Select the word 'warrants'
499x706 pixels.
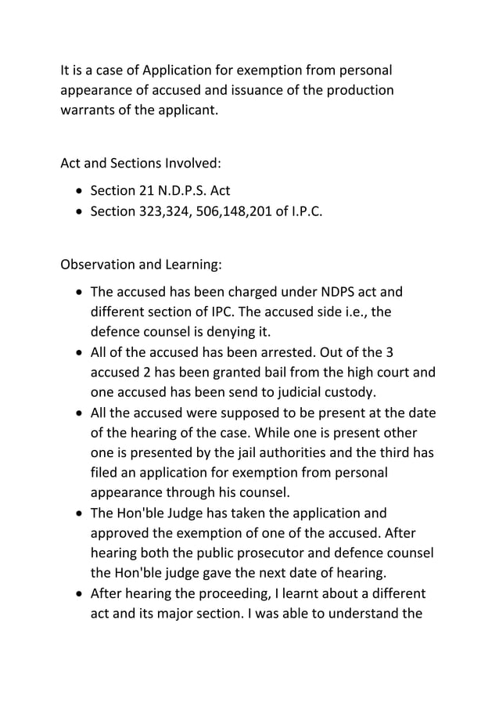click(88, 110)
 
